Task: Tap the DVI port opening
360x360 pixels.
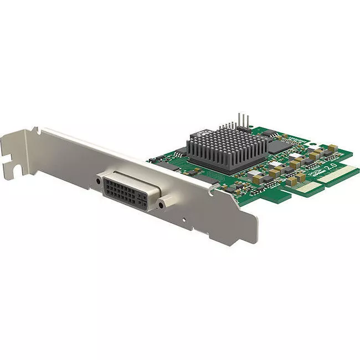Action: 130,191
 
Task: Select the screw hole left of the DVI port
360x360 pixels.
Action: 99,181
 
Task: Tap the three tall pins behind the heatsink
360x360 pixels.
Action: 242,121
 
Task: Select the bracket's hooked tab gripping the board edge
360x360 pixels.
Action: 211,189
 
